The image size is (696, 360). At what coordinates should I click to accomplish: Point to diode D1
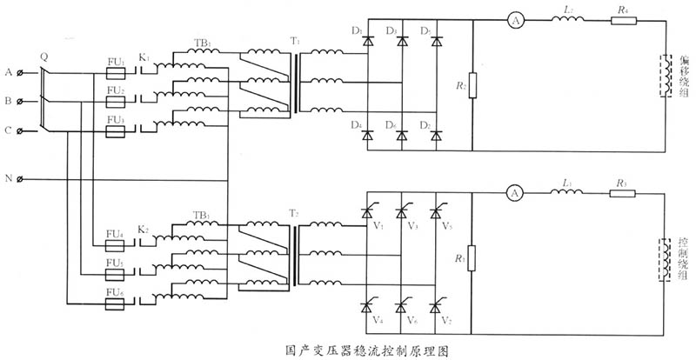click(367, 42)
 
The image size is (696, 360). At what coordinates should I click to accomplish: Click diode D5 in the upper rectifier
click(435, 42)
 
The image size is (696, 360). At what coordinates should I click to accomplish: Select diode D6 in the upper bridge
click(401, 136)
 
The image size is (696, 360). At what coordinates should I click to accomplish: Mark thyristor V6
click(401, 306)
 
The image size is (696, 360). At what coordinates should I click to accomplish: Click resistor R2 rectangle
click(472, 88)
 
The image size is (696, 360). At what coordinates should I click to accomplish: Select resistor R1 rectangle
click(472, 259)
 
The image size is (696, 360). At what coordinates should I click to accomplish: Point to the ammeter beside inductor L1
click(513, 192)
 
